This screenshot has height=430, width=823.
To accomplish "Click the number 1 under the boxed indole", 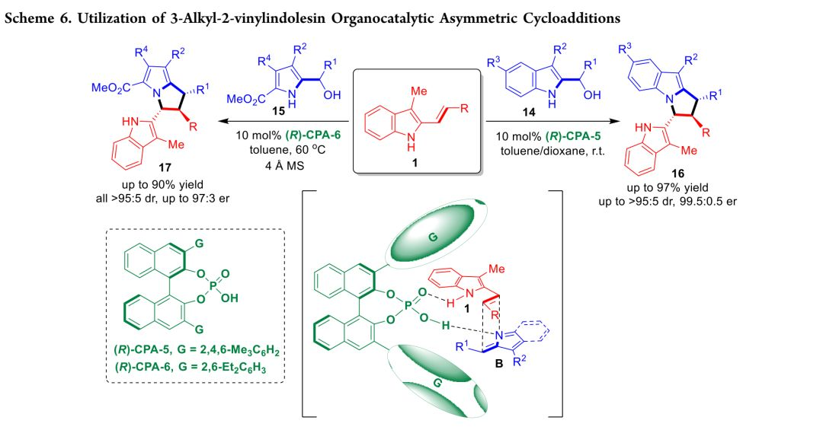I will click(417, 163).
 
